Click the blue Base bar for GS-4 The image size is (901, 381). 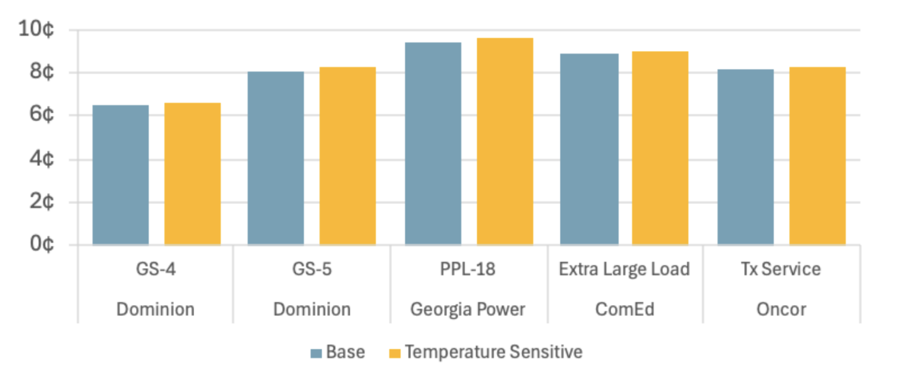click(x=121, y=175)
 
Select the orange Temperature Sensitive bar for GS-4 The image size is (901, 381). click(x=192, y=174)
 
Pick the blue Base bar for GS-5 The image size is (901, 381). click(x=276, y=158)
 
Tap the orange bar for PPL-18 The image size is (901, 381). click(x=505, y=141)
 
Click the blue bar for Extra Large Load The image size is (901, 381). click(x=589, y=149)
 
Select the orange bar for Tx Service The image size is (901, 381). click(x=817, y=156)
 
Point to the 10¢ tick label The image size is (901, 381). click(x=36, y=29)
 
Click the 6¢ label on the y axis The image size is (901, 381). click(x=42, y=114)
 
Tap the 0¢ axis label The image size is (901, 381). click(x=42, y=244)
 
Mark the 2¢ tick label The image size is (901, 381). click(x=42, y=201)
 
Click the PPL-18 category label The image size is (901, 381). click(x=468, y=269)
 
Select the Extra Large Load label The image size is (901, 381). click(x=625, y=269)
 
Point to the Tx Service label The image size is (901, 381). click(x=781, y=269)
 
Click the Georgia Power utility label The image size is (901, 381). click(x=468, y=310)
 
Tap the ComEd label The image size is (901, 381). click(x=625, y=310)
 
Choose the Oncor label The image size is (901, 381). click(x=781, y=310)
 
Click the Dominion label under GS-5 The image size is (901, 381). click(x=312, y=310)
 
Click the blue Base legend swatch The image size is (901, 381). click(x=316, y=353)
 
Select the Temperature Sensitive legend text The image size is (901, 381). click(x=494, y=352)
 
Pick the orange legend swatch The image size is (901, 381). click(x=395, y=353)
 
